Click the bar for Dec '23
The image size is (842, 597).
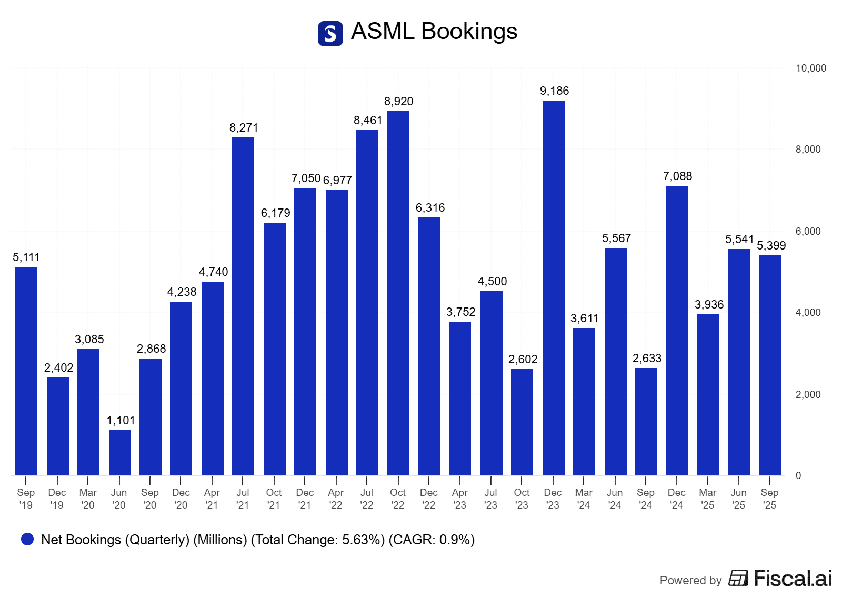553,287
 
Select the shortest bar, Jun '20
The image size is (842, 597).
120,452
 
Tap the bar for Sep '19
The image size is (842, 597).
26,371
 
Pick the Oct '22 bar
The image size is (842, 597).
398,293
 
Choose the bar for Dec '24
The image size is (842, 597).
677,330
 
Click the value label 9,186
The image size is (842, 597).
554,91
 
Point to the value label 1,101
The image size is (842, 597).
121,421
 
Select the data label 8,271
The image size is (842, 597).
244,128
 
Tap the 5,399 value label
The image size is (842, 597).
771,246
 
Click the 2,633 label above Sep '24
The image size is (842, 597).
647,359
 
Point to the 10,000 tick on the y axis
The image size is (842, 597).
810,68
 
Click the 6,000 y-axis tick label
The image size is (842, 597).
808,232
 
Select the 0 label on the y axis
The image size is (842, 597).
798,476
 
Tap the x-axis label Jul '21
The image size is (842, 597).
243,499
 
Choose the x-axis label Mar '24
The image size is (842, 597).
584,499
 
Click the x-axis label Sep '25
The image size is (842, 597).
769,499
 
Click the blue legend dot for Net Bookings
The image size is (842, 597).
27,539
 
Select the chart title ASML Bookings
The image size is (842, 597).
434,32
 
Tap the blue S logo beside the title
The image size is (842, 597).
330,34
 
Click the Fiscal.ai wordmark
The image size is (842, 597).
793,579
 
